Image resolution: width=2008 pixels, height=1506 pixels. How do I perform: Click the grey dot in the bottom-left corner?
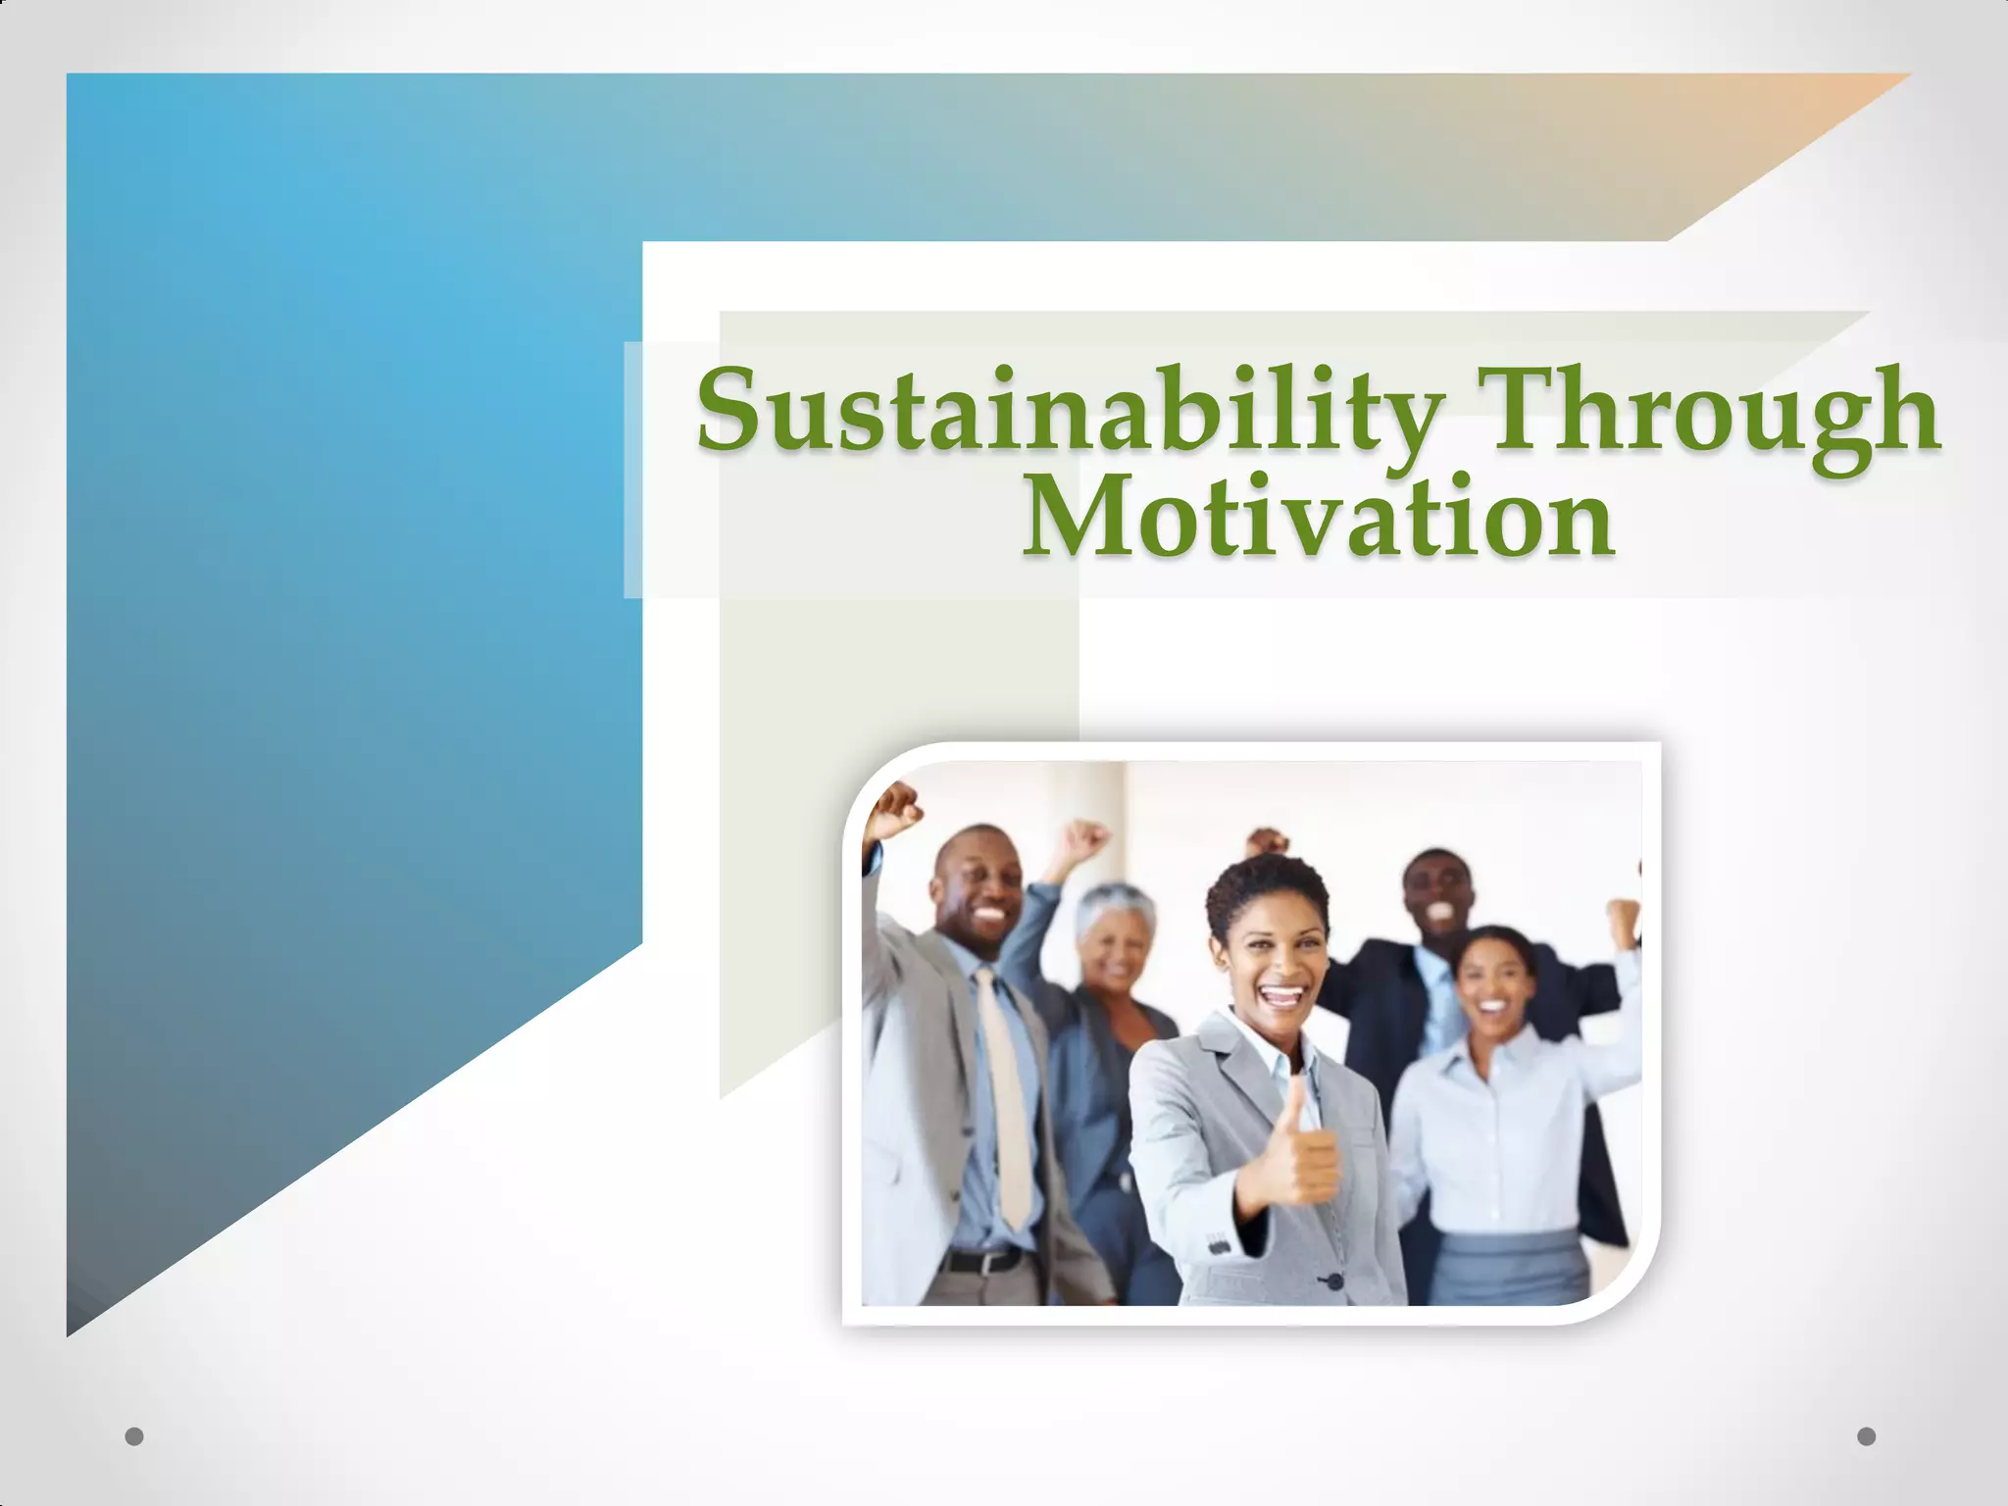[134, 1436]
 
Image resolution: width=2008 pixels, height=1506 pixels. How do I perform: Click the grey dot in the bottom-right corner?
[1866, 1436]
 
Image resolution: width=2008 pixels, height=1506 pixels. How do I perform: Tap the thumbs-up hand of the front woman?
[1299, 1152]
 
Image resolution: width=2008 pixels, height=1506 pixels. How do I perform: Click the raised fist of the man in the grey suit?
[894, 809]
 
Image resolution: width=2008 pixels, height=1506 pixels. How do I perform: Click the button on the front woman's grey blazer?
[1332, 1281]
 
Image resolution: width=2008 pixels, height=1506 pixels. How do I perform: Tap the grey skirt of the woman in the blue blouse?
[1513, 1265]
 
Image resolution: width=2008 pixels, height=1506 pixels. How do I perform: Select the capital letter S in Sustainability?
[730, 410]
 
